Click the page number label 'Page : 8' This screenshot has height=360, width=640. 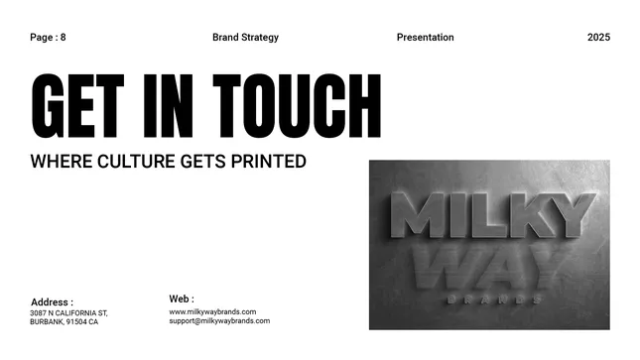48,38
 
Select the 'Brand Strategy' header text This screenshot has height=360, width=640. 245,38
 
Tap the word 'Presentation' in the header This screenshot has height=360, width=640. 425,38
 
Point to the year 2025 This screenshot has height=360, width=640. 598,38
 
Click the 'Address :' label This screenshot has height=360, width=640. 52,302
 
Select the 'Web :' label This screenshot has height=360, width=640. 182,299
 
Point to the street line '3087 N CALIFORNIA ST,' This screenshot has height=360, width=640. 68,313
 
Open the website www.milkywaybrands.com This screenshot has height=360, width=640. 212,311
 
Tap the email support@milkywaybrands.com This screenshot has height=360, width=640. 219,321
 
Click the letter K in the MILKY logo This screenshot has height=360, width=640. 524,216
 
